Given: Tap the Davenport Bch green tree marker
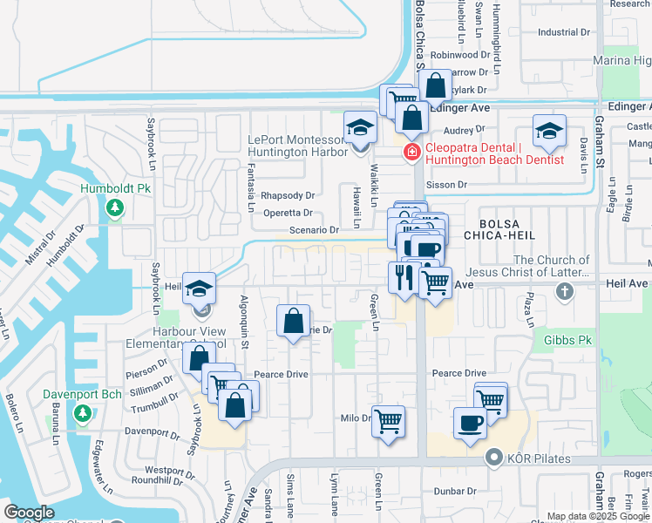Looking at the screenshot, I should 83,412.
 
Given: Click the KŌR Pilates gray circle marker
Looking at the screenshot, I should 494,458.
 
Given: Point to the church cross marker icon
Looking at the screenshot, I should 565,290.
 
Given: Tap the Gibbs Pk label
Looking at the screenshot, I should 567,338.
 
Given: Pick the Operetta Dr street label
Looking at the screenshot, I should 286,213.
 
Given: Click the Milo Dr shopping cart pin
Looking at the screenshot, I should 388,422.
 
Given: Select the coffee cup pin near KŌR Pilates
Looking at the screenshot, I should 470,424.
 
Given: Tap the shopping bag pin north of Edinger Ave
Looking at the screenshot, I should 435,86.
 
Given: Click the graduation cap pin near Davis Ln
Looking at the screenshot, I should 549,132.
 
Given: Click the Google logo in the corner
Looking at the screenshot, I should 29,513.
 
